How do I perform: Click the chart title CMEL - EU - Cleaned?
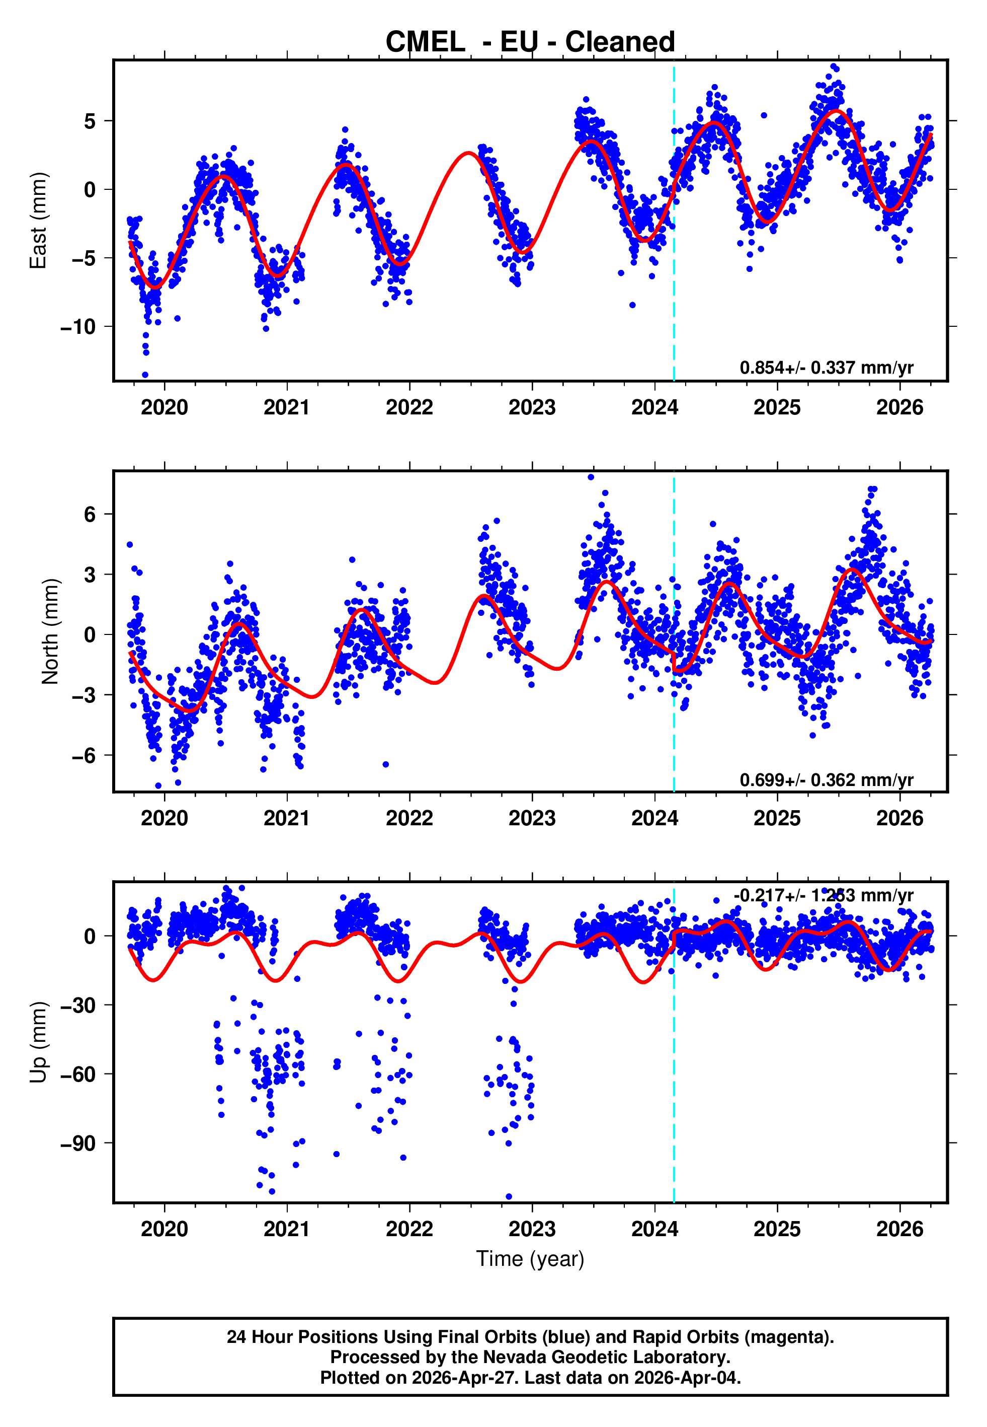pos(530,42)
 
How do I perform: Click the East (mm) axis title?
pos(38,221)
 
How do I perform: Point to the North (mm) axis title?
pos(49,631)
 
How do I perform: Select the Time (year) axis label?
pos(530,1259)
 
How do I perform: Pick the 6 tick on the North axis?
pos(90,514)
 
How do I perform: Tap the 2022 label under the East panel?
pos(409,407)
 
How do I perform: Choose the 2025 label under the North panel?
pos(777,818)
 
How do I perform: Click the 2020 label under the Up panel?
pos(164,1229)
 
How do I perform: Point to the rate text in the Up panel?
pos(823,895)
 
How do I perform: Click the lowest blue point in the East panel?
pos(145,375)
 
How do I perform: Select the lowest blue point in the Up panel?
pos(509,1196)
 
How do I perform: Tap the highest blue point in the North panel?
pos(591,477)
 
